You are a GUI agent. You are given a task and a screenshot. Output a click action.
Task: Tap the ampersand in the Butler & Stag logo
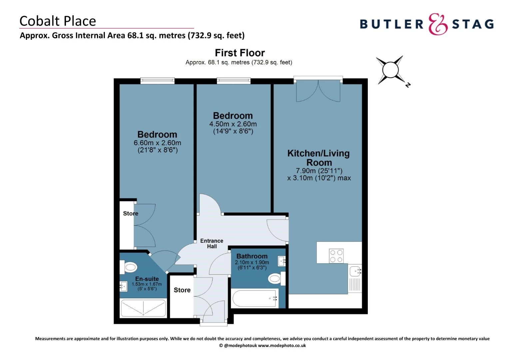(438, 24)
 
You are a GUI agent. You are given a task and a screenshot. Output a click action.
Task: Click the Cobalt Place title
(58, 21)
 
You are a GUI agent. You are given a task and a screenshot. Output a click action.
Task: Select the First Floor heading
(240, 53)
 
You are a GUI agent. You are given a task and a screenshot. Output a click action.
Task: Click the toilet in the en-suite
(130, 267)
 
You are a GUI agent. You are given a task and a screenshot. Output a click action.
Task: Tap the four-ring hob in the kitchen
(336, 256)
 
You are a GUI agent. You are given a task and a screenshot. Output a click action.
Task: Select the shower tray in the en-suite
(143, 308)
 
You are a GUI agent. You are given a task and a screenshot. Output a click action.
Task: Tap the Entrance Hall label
(212, 243)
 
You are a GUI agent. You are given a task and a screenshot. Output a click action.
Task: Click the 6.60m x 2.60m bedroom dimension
(157, 143)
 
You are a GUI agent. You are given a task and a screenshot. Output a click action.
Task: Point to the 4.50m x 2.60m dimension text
(233, 124)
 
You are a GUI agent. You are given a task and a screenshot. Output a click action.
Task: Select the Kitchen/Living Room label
(318, 158)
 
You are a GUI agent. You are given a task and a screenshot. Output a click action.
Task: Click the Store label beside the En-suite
(182, 290)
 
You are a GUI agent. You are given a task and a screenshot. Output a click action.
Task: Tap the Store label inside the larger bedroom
(131, 213)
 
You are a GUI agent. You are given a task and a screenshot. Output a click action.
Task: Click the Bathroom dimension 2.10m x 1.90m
(252, 262)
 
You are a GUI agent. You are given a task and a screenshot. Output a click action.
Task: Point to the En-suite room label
(147, 279)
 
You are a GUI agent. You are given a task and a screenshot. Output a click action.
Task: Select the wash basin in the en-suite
(124, 286)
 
